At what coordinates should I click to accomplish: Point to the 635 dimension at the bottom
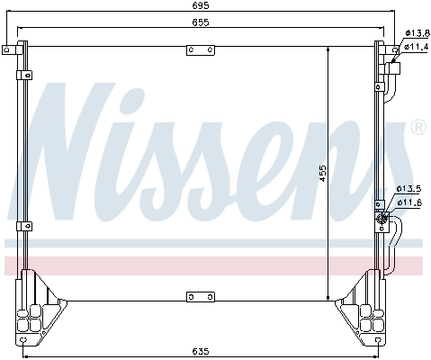pos(200,349)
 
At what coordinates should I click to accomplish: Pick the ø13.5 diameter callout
pos(409,188)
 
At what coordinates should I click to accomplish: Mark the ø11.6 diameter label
pos(409,202)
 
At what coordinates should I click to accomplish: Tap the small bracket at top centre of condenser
pos(194,50)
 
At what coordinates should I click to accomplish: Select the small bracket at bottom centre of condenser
pos(194,296)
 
